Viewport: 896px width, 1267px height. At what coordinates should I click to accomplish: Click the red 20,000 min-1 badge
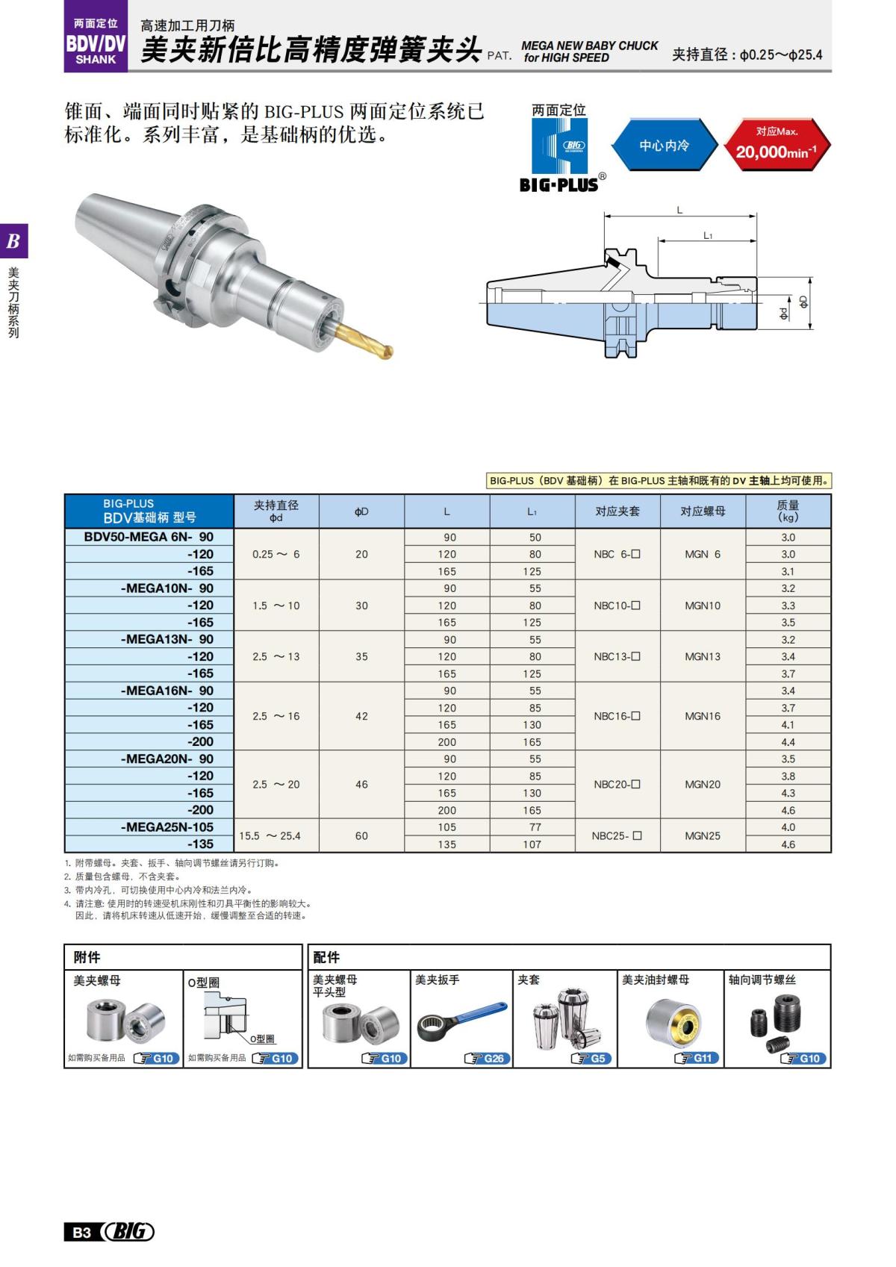(777, 145)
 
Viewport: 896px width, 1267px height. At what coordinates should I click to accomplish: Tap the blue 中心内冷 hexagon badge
(664, 146)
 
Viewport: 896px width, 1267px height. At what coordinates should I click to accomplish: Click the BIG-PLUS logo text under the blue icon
(559, 184)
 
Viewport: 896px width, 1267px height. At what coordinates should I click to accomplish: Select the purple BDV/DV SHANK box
(96, 43)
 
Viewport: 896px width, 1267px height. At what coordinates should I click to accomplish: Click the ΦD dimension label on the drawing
(803, 302)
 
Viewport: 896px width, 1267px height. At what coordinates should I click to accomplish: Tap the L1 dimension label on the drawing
(708, 235)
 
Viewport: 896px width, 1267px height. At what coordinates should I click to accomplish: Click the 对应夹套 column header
(617, 511)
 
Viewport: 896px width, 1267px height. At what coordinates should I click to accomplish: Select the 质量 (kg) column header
(788, 511)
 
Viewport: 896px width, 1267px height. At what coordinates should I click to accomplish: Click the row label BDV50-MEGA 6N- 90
(149, 537)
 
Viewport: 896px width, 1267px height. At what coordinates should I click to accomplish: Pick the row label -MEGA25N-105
(167, 827)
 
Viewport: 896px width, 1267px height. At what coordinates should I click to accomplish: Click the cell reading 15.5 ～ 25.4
(270, 835)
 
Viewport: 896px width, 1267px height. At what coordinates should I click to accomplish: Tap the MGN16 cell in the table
(703, 716)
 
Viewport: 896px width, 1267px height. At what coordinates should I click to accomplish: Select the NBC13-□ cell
(617, 657)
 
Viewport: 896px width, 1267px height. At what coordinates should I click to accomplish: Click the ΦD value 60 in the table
(361, 835)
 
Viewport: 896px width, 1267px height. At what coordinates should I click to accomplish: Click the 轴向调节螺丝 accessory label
(762, 980)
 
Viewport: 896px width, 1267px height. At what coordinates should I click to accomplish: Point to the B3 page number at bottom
(81, 1232)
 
